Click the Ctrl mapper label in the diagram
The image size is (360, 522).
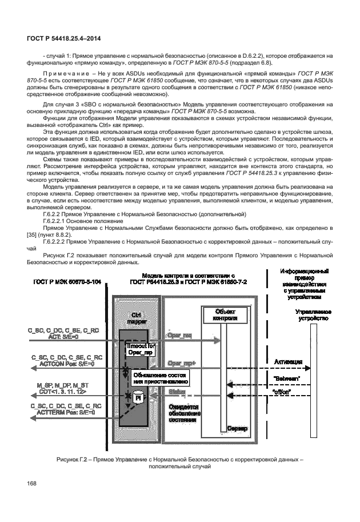(x=137, y=318)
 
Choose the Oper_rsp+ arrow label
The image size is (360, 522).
(x=180, y=364)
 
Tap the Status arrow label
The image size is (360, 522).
(x=175, y=391)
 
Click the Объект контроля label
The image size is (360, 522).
(x=223, y=314)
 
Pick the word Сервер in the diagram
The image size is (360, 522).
(x=235, y=428)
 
